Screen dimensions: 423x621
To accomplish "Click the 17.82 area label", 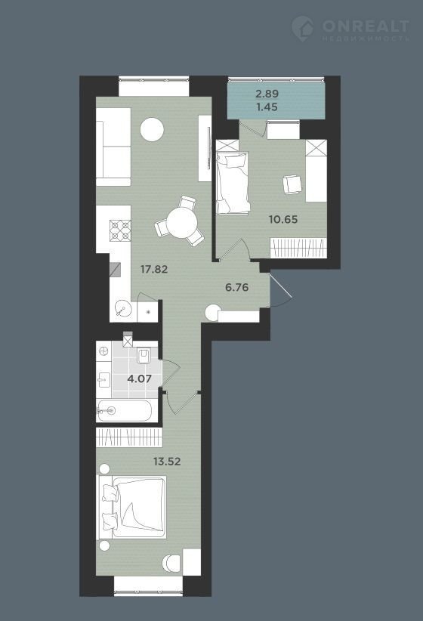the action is (154, 270).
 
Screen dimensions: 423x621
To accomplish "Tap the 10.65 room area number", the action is (283, 219).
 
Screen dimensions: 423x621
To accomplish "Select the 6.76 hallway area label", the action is (237, 288).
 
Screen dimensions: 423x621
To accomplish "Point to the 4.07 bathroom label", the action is (140, 378).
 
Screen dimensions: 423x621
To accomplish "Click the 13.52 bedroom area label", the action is (167, 461).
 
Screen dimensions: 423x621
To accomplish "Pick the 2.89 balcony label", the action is (267, 94).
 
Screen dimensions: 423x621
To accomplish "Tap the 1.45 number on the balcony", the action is (267, 107).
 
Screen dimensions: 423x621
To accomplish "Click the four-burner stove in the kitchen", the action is (120, 231).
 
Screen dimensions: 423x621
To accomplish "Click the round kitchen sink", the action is (122, 309).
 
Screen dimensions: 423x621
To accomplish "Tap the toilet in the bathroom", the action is (143, 355).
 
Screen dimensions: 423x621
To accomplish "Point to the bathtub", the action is (124, 411).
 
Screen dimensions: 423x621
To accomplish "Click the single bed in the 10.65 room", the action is (233, 183).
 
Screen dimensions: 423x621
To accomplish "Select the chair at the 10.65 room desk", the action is (292, 184).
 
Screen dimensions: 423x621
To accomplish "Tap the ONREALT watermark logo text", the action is (366, 26).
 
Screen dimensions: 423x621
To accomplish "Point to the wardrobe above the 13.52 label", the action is (129, 437).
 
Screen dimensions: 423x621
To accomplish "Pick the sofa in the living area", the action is (113, 147).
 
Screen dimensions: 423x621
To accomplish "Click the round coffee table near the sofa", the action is (153, 130).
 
